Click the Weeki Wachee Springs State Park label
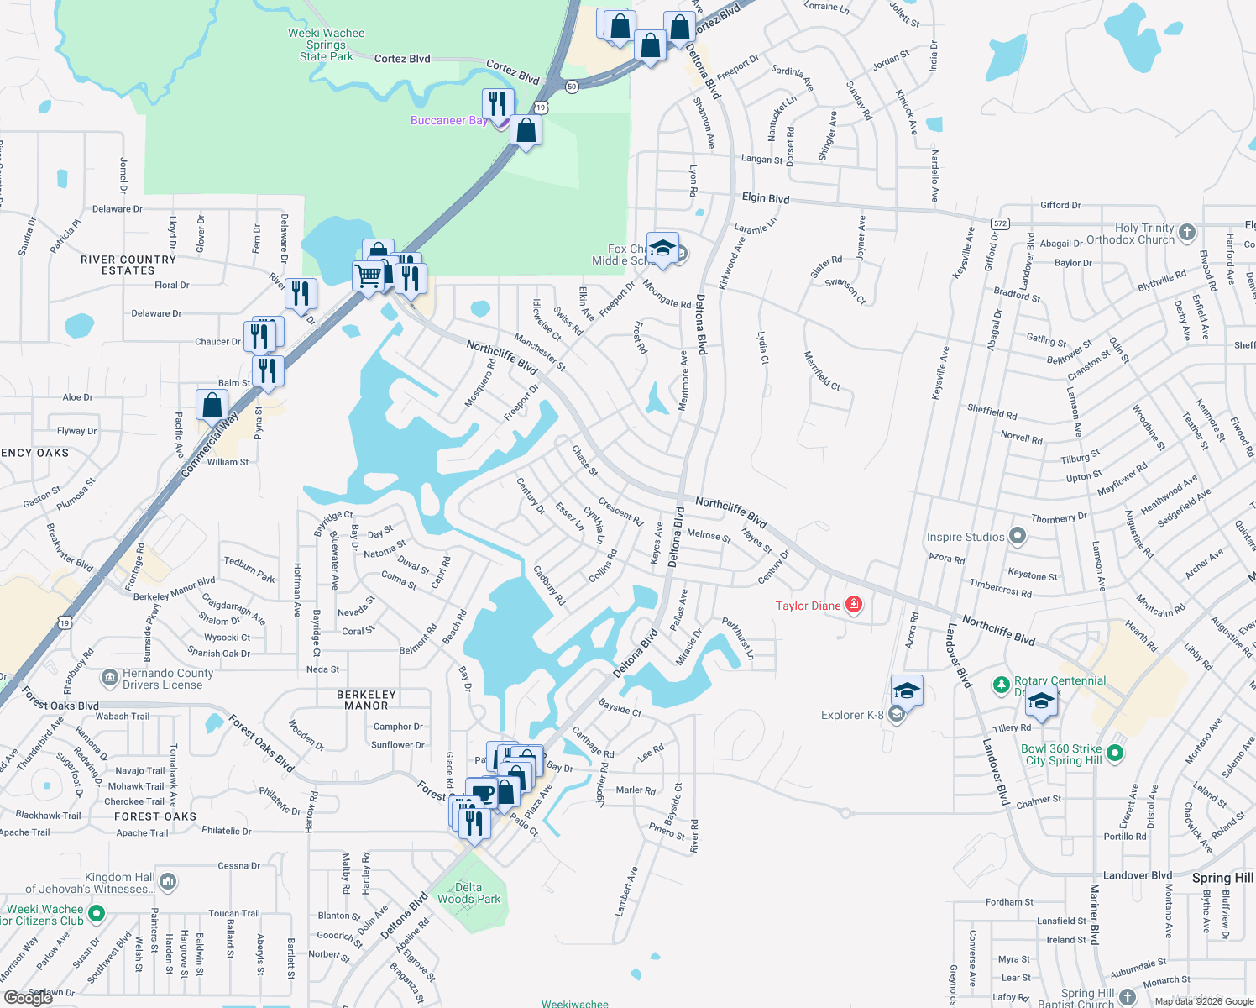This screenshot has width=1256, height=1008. tap(326, 45)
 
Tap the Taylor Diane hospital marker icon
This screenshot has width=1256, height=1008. tap(854, 605)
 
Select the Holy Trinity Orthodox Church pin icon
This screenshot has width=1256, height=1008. tap(1186, 232)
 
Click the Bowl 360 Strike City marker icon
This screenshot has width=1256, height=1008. tap(1115, 753)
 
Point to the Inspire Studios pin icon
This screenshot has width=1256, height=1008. tap(1018, 535)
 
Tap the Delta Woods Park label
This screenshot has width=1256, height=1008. tap(468, 893)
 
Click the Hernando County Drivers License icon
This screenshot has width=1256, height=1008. tap(110, 677)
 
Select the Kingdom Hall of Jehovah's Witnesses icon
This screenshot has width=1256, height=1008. tap(168, 881)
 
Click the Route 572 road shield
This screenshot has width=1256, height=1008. tap(999, 223)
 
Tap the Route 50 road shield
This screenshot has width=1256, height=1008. tap(572, 87)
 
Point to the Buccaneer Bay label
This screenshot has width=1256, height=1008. tap(448, 121)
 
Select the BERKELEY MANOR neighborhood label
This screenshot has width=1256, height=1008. tap(366, 700)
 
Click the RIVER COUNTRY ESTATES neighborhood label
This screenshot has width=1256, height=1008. tap(128, 265)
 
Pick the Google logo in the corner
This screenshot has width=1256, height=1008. tap(29, 998)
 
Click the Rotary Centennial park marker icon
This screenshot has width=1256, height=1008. tap(1001, 685)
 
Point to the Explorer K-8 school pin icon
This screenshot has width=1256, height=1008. tap(896, 715)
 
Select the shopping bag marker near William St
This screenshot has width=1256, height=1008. tap(212, 405)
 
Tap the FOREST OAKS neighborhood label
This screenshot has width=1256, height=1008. tap(155, 816)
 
